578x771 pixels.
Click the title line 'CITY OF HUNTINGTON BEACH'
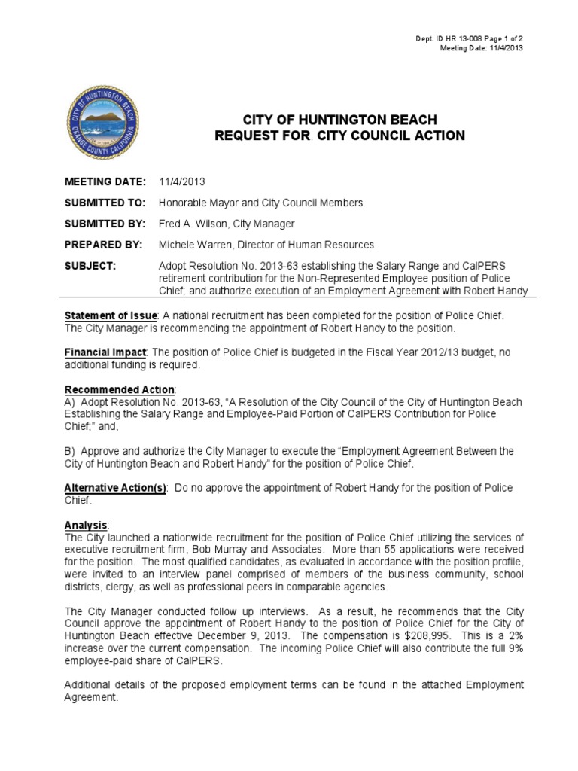(339, 120)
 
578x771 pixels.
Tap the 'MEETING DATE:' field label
(105, 181)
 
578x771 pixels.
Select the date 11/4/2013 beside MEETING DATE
(182, 181)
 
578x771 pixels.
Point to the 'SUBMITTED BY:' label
(105, 224)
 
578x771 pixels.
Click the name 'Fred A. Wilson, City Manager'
(227, 224)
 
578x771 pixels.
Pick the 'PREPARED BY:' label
(104, 245)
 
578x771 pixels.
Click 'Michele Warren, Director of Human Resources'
(266, 245)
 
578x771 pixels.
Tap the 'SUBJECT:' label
(90, 266)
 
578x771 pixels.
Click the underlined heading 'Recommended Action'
(120, 389)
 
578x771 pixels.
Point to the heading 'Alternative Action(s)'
(115, 487)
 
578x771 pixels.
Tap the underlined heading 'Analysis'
(87, 524)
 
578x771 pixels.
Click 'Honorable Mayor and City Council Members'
(260, 203)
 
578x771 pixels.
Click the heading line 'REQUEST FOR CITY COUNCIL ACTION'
(340, 136)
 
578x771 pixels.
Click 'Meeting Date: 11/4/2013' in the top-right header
(481, 48)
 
